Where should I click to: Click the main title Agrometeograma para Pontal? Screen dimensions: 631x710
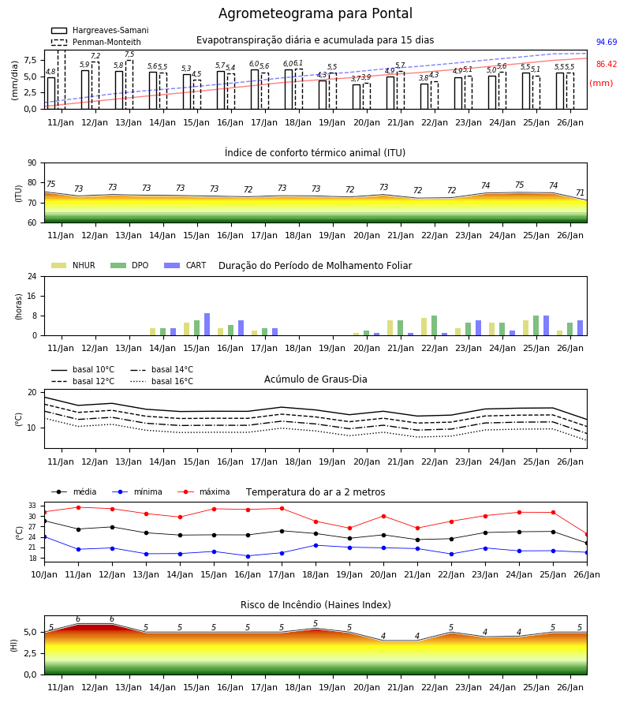(315, 13)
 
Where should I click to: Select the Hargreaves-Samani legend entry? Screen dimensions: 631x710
(99, 30)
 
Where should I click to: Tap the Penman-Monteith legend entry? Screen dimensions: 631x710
(96, 42)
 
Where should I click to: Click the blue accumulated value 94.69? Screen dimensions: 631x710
(606, 42)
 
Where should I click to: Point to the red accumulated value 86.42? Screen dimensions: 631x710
(606, 65)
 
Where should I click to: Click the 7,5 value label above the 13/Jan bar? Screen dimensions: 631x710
(129, 54)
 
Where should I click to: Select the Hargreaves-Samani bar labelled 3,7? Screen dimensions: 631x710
(357, 97)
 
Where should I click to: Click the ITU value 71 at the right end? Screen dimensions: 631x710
(580, 193)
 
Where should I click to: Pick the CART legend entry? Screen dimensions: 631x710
(185, 265)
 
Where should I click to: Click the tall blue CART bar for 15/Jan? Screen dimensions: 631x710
(207, 324)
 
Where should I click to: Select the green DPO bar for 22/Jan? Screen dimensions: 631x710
(434, 326)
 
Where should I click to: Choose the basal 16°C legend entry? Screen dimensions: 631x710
(162, 381)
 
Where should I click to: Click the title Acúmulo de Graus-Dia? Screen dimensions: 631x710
(315, 379)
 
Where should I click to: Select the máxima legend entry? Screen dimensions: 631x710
(204, 491)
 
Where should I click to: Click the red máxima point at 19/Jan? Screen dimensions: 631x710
(349, 529)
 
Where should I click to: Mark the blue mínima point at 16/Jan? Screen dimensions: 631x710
(248, 556)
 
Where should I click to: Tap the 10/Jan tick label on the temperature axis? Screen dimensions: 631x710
(44, 574)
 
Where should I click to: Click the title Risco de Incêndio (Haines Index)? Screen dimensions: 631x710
(315, 605)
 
